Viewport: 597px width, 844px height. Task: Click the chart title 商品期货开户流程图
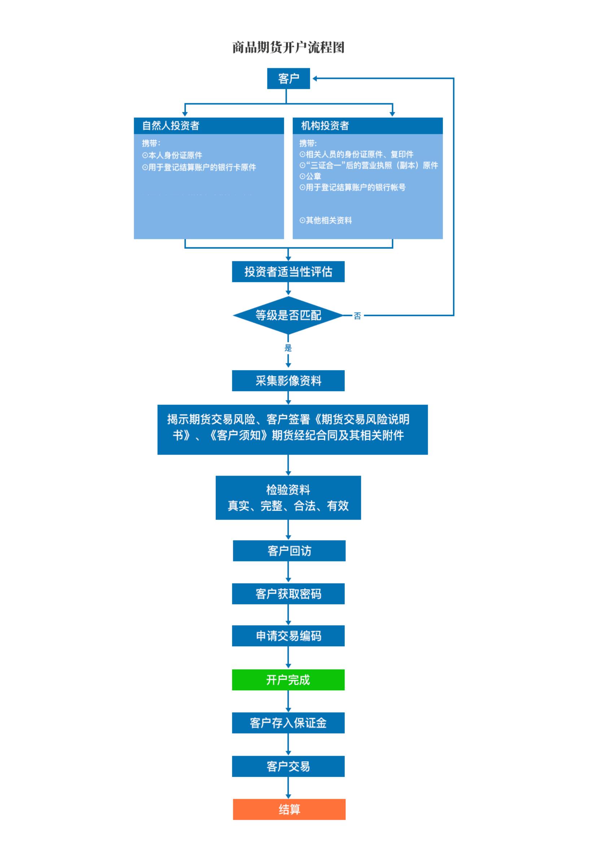[x=289, y=47]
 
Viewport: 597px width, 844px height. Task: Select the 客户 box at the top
[x=289, y=78]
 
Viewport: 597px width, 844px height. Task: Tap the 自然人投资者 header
[x=209, y=126]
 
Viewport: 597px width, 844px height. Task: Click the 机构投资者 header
[x=367, y=126]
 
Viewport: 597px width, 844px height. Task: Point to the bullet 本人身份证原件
[x=172, y=155]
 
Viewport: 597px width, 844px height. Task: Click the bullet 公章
[x=310, y=176]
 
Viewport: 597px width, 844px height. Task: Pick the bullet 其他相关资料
[x=326, y=220]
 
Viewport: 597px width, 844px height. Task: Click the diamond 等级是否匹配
[x=288, y=315]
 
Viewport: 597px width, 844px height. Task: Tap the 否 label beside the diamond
[x=357, y=316]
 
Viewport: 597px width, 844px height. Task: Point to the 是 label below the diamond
[x=288, y=348]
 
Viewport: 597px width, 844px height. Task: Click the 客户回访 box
[x=289, y=551]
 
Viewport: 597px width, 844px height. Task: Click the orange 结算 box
[x=289, y=809]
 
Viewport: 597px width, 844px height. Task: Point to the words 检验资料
[x=288, y=490]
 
